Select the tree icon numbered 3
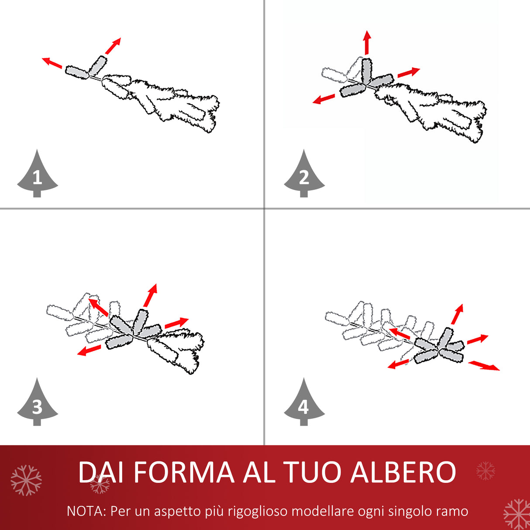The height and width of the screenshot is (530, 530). tap(37, 404)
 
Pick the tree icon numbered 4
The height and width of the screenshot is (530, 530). tap(304, 404)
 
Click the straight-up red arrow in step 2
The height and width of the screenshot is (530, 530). tap(367, 43)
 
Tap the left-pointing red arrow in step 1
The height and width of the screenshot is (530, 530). tap(52, 63)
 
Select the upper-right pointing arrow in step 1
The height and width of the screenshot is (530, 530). tap(113, 46)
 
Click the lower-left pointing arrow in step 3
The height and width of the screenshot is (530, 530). tap(89, 350)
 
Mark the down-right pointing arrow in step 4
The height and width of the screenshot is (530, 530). tap(484, 365)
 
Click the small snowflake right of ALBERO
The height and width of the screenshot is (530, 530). tap(485, 471)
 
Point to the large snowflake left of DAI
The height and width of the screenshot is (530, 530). tap(26, 480)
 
